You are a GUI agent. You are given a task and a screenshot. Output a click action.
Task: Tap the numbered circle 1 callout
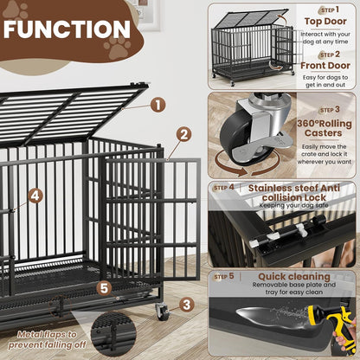click(157, 105)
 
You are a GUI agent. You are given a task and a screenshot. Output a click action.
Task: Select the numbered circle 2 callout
click(183, 134)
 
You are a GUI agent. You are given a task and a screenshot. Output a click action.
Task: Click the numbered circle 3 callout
click(186, 304)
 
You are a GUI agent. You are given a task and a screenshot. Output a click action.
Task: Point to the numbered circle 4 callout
click(35, 196)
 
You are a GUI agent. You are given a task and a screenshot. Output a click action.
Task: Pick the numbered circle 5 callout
click(104, 288)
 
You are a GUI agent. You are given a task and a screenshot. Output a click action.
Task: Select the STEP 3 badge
click(326, 110)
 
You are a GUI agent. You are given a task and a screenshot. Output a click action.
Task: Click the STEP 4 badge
click(224, 187)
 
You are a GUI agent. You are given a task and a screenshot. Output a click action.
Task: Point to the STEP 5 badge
click(224, 277)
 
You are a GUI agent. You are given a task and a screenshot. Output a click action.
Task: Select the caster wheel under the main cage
click(162, 312)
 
